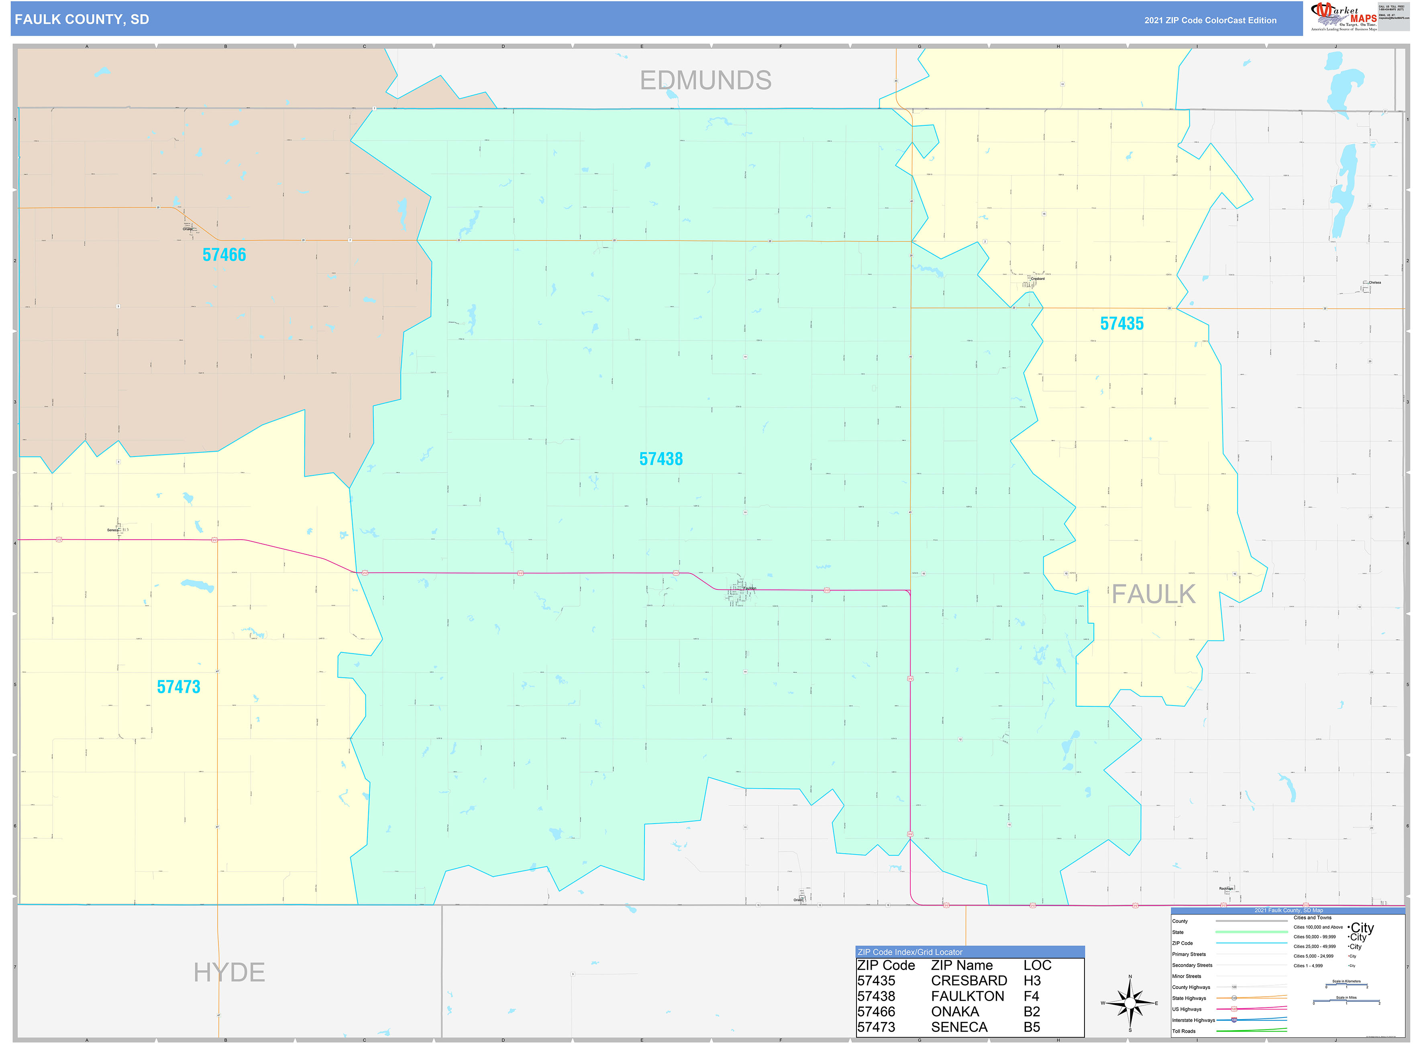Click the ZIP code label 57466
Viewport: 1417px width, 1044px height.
[224, 255]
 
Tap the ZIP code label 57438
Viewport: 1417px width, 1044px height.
[661, 459]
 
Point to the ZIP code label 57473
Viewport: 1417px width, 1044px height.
[178, 687]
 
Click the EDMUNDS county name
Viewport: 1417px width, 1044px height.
[705, 81]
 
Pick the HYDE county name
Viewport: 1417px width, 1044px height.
[229, 973]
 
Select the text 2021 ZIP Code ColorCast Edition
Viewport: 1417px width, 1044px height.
[1210, 20]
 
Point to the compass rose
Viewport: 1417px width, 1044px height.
[1130, 1003]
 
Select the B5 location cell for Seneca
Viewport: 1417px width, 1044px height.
[1032, 1028]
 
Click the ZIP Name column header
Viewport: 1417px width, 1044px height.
[961, 966]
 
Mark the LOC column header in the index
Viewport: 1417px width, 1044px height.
[1037, 966]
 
